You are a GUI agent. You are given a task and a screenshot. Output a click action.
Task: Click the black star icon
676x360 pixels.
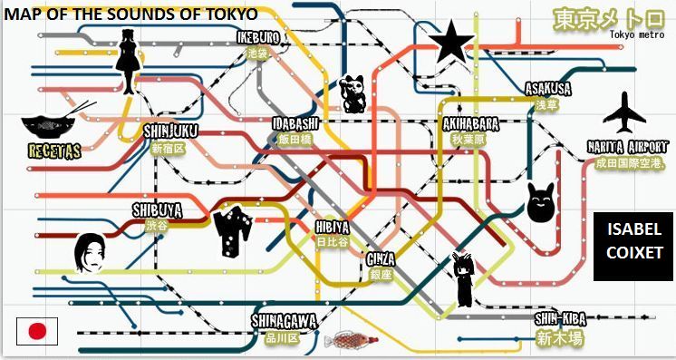[x=448, y=43]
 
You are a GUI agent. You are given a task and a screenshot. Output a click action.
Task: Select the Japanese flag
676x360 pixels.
[x=37, y=331]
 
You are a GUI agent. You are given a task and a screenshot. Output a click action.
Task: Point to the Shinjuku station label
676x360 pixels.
[x=169, y=131]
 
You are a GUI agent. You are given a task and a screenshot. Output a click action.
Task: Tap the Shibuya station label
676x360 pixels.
[x=157, y=210]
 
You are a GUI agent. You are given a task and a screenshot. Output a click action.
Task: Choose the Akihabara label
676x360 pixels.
[x=470, y=123]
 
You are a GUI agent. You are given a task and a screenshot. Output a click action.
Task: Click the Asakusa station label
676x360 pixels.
[x=547, y=89]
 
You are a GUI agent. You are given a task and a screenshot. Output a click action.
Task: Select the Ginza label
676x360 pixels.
[x=381, y=258]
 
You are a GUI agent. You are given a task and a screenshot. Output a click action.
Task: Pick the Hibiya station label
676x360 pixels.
[x=332, y=227]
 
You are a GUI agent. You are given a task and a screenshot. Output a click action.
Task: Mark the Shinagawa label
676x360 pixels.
[x=284, y=321]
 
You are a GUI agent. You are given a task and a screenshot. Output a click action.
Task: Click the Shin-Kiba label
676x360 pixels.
[x=559, y=319]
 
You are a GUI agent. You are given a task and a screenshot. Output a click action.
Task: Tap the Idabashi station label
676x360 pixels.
[x=295, y=123]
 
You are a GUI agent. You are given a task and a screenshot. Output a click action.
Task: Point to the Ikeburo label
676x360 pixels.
[x=258, y=38]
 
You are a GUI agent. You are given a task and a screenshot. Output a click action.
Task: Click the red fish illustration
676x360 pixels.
[x=351, y=341]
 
